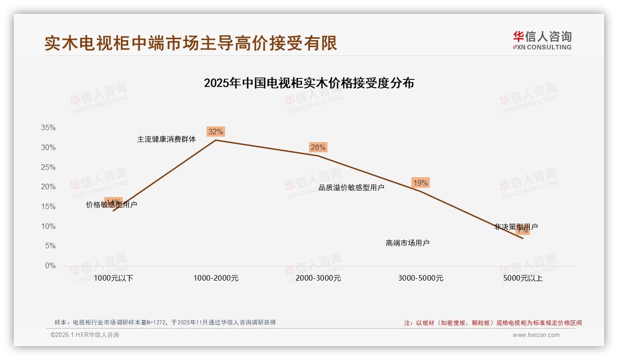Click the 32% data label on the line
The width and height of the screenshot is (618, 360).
tap(215, 132)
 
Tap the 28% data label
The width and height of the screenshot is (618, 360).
tap(318, 148)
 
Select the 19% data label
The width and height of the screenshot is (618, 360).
tap(420, 183)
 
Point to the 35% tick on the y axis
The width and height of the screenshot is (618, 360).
tap(48, 128)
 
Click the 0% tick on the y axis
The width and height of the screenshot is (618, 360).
tap(50, 266)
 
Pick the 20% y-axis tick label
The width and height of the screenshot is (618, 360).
tap(48, 187)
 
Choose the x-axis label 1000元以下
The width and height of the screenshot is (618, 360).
tap(113, 278)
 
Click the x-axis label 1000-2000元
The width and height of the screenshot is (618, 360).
tap(216, 278)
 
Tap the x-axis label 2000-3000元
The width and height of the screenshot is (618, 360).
tap(318, 278)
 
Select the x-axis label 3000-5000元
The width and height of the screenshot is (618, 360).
tap(421, 278)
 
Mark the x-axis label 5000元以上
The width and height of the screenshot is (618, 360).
tap(523, 278)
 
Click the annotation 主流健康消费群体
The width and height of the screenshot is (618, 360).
tap(166, 139)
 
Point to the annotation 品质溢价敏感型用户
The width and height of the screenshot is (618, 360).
tap(351, 187)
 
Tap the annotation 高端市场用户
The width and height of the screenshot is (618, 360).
tap(408, 243)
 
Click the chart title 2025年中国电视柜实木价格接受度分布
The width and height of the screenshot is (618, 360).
tap(309, 83)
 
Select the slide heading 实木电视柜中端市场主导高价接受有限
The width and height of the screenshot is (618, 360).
tap(191, 43)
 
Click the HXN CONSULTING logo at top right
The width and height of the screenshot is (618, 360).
tap(542, 41)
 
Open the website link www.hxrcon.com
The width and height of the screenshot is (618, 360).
tap(536, 335)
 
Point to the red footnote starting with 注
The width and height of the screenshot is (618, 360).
tap(493, 323)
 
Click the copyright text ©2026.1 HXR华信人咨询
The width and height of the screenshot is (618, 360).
tap(85, 335)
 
